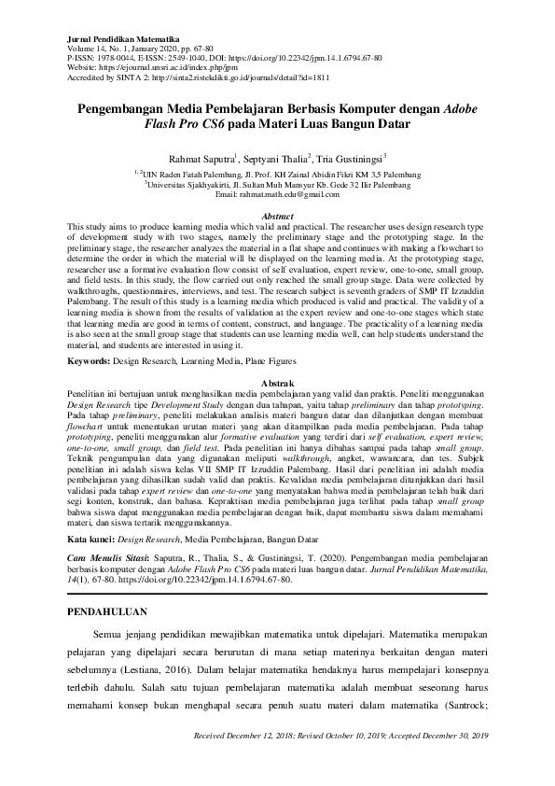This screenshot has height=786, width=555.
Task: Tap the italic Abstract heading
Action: point(276,217)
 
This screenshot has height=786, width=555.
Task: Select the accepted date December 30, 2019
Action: point(445,765)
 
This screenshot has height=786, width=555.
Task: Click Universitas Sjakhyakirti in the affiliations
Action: point(193,184)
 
